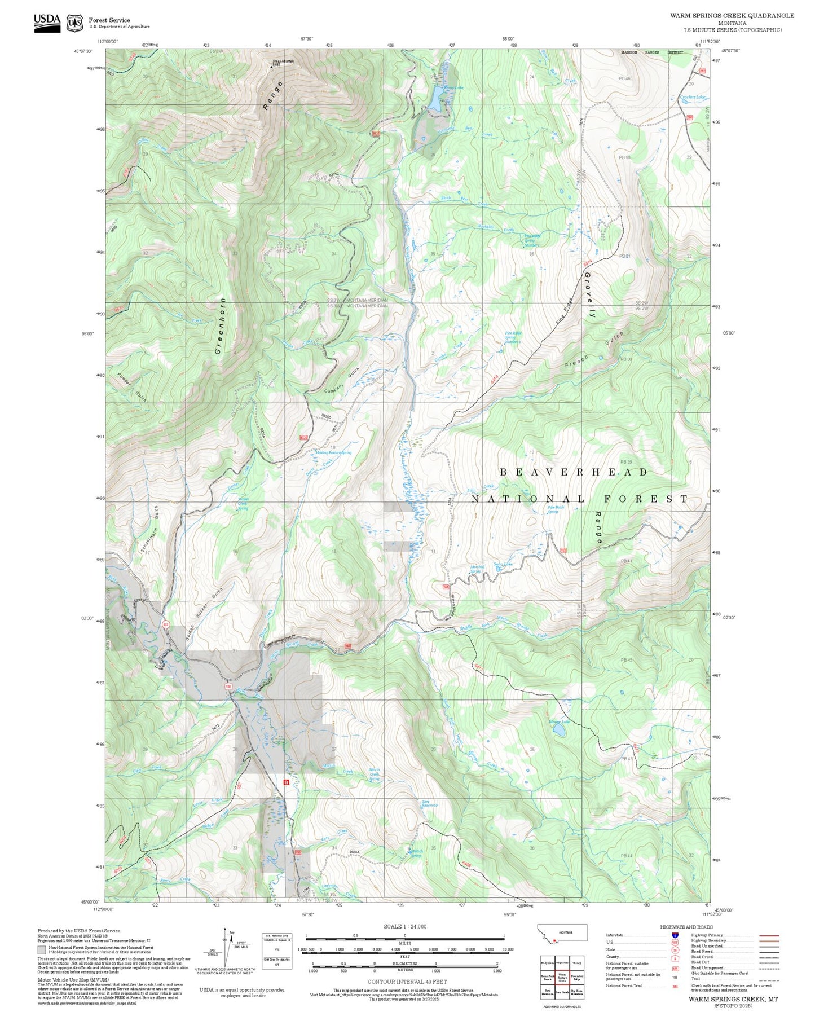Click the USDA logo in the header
(47, 23)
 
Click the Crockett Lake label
(693, 98)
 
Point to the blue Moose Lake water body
(559, 731)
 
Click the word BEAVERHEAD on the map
(574, 472)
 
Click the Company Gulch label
(342, 381)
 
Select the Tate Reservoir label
(430, 803)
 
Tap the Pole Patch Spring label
(556, 509)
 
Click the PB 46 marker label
(624, 79)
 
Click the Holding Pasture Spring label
(334, 452)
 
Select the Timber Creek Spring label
(243, 503)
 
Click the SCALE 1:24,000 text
(404, 926)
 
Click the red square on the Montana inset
(555, 940)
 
